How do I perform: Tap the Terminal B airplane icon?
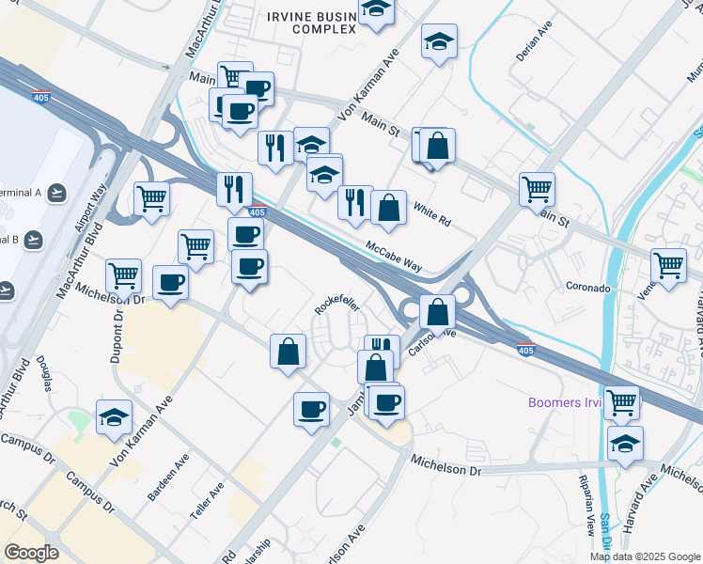click(x=35, y=239)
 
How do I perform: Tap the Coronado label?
click(x=588, y=286)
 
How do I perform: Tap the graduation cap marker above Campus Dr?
click(x=114, y=416)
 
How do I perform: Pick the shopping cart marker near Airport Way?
click(x=150, y=197)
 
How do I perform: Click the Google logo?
click(x=31, y=553)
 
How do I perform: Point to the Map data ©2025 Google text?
click(x=644, y=556)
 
